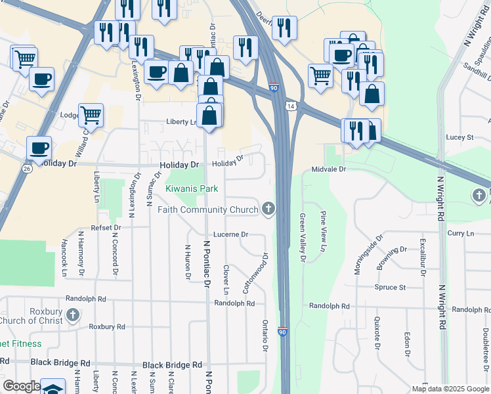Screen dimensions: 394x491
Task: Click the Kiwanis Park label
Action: coord(192,188)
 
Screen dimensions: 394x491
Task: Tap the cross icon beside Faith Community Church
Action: coord(268,209)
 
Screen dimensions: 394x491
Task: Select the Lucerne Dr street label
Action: coord(230,234)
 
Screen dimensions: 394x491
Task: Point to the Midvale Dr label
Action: coord(328,169)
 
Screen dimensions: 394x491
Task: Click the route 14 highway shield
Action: coord(289,106)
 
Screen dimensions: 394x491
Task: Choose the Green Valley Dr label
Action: coord(303,238)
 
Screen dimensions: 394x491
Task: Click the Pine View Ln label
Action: coord(323,231)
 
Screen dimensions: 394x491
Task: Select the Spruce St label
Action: coord(390,287)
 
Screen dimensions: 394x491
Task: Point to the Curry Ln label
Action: coord(460,233)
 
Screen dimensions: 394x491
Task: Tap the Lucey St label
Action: coord(459,137)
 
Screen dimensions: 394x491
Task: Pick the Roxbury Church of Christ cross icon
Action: coord(73,315)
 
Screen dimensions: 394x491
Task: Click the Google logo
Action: coord(21,386)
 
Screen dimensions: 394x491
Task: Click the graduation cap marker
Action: coord(53,388)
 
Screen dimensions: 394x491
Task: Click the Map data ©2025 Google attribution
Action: coord(449,389)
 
